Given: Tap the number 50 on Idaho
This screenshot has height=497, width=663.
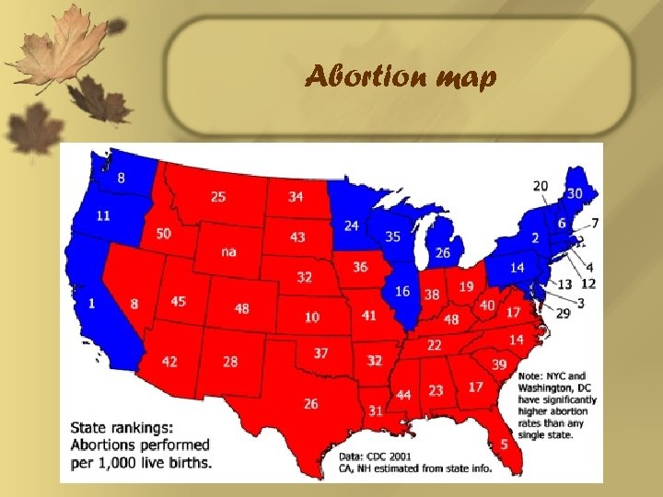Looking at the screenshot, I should click(x=163, y=234).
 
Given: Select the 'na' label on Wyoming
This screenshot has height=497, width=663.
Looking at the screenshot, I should click(x=229, y=252).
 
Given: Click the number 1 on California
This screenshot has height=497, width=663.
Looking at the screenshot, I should click(x=91, y=303).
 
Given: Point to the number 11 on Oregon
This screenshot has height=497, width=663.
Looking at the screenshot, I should click(x=103, y=215).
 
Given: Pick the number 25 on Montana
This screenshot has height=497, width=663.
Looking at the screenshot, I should click(x=217, y=196).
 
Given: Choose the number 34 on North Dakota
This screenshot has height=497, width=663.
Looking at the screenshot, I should click(x=296, y=196).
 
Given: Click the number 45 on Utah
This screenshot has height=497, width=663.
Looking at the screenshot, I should click(x=179, y=301).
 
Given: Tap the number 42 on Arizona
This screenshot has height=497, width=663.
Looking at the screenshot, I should click(x=169, y=361).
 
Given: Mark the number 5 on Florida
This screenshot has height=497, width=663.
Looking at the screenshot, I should click(x=504, y=444).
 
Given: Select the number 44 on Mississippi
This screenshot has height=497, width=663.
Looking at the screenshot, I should click(x=403, y=395).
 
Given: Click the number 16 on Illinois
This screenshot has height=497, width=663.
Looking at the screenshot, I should click(x=402, y=291).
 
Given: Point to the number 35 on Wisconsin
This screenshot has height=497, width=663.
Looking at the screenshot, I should click(x=393, y=237).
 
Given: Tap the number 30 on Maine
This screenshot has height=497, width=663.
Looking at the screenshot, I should click(x=575, y=193).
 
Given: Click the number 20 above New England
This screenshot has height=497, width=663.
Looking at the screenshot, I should click(x=540, y=186).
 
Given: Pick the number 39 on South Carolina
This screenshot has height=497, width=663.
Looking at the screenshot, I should click(x=499, y=364).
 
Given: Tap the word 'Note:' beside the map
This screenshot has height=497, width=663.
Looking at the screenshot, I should click(x=531, y=376).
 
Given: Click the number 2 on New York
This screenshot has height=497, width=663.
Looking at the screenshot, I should click(x=534, y=237).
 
